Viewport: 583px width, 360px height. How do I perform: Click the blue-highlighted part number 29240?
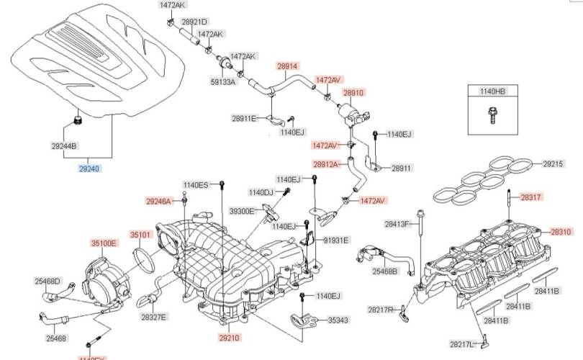pyautogui.click(x=90, y=169)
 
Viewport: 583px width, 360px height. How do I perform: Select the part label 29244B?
pyautogui.click(x=64, y=146)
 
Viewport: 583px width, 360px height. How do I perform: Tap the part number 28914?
pyautogui.click(x=287, y=66)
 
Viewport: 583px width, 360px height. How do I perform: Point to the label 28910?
pyautogui.click(x=353, y=93)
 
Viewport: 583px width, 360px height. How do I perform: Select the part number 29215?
pyautogui.click(x=553, y=164)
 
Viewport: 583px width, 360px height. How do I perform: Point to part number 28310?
pyautogui.click(x=561, y=232)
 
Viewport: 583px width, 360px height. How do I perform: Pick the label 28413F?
pyautogui.click(x=397, y=225)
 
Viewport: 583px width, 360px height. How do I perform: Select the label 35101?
pyautogui.click(x=140, y=235)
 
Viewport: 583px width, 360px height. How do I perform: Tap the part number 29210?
pyautogui.click(x=230, y=336)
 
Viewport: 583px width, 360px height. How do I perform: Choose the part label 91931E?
pyautogui.click(x=335, y=240)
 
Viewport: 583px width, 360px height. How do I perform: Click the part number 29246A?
pyautogui.click(x=159, y=202)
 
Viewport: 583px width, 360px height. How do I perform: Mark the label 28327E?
pyautogui.click(x=153, y=317)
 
